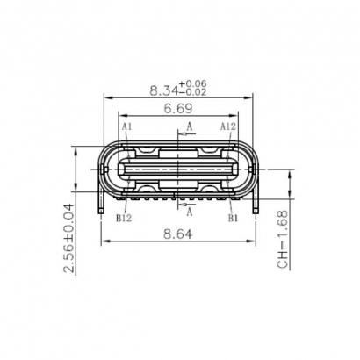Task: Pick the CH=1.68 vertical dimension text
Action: [x=283, y=240]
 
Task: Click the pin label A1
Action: [x=126, y=127]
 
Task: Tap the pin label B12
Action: [x=124, y=218]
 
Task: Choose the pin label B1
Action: [x=233, y=218]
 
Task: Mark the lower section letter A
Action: [x=190, y=211]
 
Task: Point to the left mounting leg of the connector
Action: [x=104, y=204]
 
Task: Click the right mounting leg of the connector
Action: [x=256, y=204]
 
